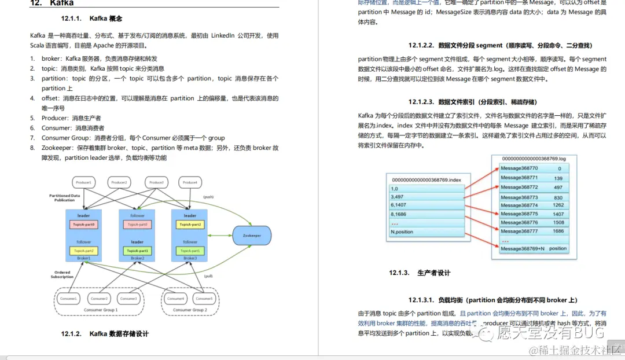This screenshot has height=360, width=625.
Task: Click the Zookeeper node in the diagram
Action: (251, 236)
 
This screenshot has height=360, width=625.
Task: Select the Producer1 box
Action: (84, 183)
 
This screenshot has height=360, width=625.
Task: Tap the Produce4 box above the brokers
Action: (190, 183)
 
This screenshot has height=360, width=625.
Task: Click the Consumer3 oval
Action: (129, 299)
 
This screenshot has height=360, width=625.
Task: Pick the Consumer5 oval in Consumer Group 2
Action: (204, 299)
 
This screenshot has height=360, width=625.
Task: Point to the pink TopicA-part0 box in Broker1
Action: (84, 224)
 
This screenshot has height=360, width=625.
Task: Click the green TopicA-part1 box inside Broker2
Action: (137, 251)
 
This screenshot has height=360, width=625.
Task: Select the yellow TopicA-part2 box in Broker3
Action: (190, 224)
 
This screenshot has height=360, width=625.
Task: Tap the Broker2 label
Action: (137, 258)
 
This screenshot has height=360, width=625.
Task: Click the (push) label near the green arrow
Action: (208, 197)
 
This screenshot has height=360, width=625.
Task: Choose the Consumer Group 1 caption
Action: (101, 310)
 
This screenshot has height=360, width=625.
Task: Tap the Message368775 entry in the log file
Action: (519, 214)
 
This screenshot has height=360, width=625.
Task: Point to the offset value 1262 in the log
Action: (558, 205)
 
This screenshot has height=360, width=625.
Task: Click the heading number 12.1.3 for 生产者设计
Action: (399, 273)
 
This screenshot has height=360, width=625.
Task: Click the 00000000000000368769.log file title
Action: (534, 158)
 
